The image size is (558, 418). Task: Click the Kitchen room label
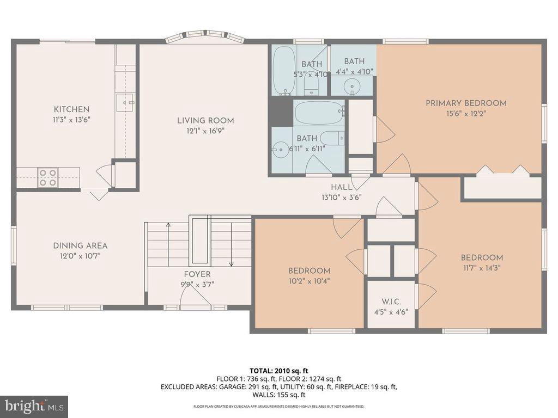point(71,109)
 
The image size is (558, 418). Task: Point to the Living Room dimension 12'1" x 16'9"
point(205,131)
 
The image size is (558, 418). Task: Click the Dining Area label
point(80,245)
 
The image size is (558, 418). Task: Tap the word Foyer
point(197,274)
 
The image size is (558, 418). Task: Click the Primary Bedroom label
point(466,103)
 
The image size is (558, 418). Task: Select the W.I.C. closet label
point(391,302)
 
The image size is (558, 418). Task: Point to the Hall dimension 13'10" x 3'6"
point(342,197)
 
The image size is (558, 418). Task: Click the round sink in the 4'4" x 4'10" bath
point(352,86)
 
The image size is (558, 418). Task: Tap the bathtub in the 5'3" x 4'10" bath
point(283,71)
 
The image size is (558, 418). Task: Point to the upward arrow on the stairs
point(168,245)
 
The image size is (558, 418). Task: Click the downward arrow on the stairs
point(231,245)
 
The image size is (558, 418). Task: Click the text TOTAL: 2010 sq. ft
point(278,371)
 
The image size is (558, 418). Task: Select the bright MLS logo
point(34,406)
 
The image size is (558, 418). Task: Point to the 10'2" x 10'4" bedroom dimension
point(310,281)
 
